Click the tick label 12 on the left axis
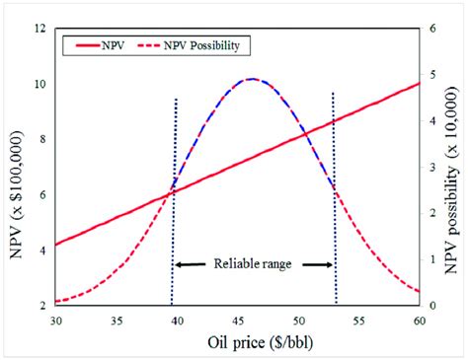pyautogui.click(x=39, y=29)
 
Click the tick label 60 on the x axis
pyautogui.click(x=420, y=321)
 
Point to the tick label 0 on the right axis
pyautogui.click(x=432, y=306)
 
